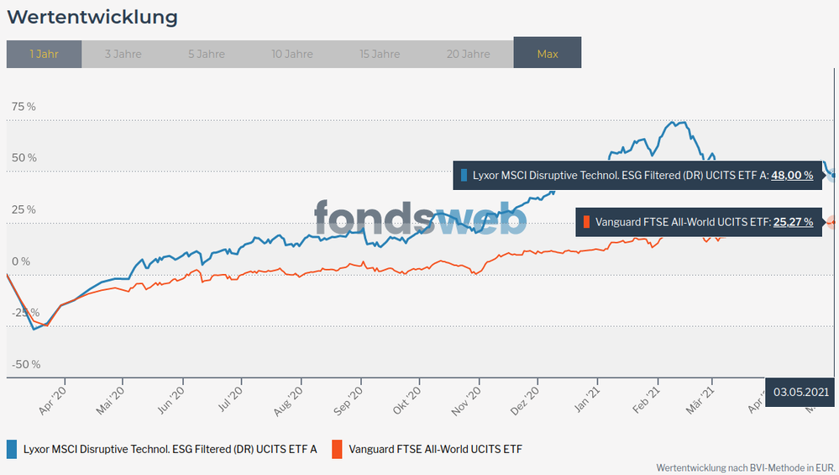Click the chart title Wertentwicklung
(x=92, y=17)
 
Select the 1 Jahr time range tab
(x=44, y=54)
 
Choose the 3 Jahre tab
(x=123, y=54)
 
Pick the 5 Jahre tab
(x=207, y=54)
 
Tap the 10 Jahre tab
(x=292, y=54)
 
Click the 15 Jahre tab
(x=380, y=54)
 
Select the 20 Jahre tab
(x=469, y=54)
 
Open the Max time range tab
(x=548, y=54)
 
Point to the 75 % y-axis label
(x=24, y=107)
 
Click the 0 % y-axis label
(x=20, y=261)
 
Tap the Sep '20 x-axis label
(x=349, y=395)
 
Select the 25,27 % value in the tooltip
(x=793, y=222)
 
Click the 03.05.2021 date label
(x=801, y=392)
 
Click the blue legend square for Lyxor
(x=12, y=449)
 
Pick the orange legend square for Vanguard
(x=337, y=449)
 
